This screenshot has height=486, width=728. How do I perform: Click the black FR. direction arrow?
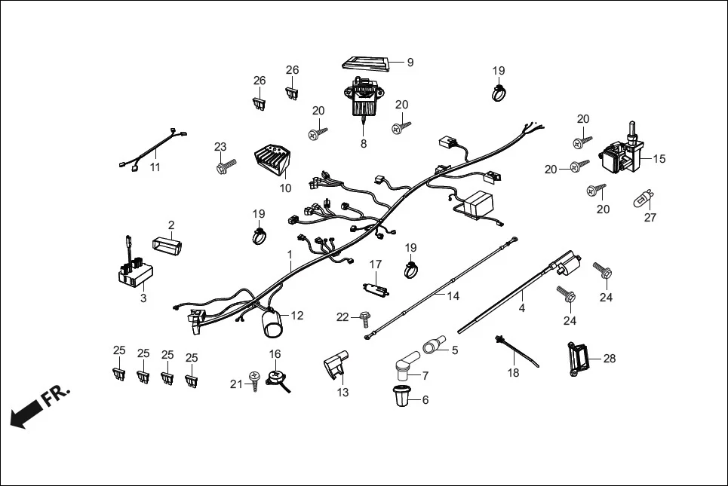pyautogui.click(x=27, y=414)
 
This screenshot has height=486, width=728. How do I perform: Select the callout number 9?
pyautogui.click(x=410, y=63)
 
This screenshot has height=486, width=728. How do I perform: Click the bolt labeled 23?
pyautogui.click(x=224, y=164)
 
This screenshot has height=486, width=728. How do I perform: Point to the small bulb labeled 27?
pyautogui.click(x=642, y=200)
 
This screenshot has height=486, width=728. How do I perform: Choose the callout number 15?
pyautogui.click(x=659, y=159)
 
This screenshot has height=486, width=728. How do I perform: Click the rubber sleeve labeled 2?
pyautogui.click(x=168, y=246)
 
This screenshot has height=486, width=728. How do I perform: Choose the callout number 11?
pyautogui.click(x=155, y=167)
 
